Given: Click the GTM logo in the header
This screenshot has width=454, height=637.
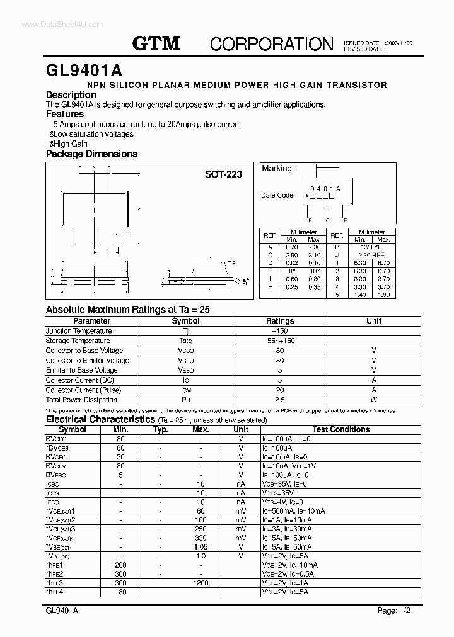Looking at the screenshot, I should (x=156, y=43).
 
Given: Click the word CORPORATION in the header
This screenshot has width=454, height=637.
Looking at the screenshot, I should (x=271, y=44).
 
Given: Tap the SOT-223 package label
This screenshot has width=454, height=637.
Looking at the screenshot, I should (x=223, y=174).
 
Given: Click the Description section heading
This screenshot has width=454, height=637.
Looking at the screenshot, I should (x=71, y=95).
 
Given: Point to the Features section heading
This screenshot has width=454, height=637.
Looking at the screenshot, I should (x=65, y=114).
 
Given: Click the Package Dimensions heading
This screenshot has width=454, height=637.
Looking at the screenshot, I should (x=91, y=154).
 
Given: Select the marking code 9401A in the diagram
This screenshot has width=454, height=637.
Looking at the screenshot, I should (x=325, y=189).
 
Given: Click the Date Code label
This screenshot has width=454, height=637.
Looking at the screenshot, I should (x=277, y=195).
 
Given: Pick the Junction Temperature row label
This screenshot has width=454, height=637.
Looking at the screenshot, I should (x=79, y=331).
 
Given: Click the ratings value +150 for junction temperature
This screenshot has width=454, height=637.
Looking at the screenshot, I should (x=280, y=331).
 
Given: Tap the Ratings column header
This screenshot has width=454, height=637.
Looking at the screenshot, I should (x=280, y=321).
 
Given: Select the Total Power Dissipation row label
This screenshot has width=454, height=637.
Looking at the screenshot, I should (x=81, y=400).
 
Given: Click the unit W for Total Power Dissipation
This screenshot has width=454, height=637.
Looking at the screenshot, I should (x=374, y=400).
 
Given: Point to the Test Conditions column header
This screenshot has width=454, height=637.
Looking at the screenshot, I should (x=340, y=429).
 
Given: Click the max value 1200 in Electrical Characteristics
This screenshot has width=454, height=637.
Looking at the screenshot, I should (x=201, y=584).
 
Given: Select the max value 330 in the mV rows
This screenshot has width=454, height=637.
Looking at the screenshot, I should (x=201, y=538).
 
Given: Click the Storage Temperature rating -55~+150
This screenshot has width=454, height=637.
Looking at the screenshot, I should (x=280, y=341).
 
